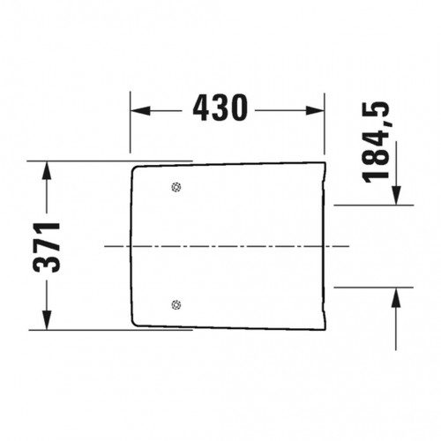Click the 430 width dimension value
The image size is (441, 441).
click(x=220, y=108)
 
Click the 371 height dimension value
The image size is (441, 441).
click(x=47, y=247)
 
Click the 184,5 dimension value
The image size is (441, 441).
click(x=376, y=142)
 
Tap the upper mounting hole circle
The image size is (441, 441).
click(x=176, y=187)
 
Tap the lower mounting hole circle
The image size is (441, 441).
click(x=176, y=305)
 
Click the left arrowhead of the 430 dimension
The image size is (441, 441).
click(x=140, y=110)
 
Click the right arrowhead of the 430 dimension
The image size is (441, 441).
click(x=315, y=110)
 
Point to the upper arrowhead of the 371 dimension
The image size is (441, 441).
click(x=47, y=171)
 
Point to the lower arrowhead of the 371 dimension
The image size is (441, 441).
click(x=47, y=320)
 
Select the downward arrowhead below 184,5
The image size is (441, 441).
click(x=396, y=195)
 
